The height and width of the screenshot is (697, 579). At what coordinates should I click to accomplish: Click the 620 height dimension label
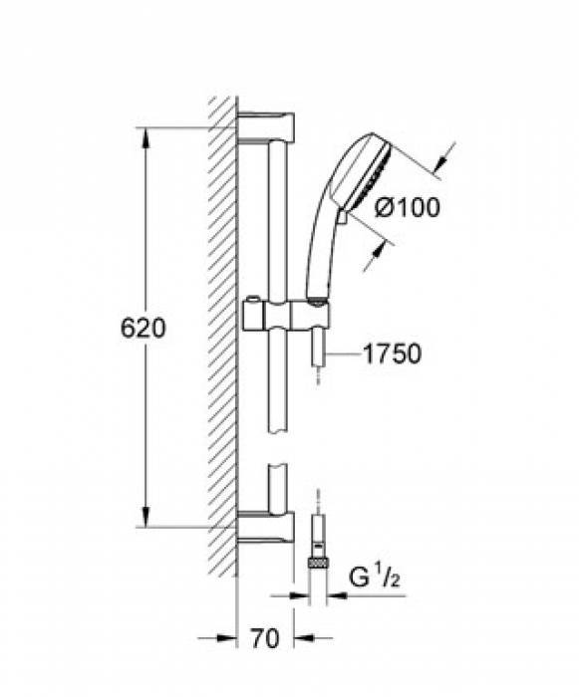(143, 328)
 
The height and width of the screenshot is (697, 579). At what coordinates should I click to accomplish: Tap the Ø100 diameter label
(407, 207)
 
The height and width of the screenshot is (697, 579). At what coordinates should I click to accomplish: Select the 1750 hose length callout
(392, 353)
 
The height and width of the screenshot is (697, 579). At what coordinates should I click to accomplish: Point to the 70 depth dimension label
(265, 638)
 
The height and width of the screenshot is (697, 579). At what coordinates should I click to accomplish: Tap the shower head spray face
(371, 181)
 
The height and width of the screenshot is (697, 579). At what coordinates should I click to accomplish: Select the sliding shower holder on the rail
(287, 316)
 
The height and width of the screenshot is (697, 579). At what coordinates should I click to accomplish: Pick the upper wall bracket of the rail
(266, 127)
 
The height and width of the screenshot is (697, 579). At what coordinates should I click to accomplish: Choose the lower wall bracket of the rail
(266, 528)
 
